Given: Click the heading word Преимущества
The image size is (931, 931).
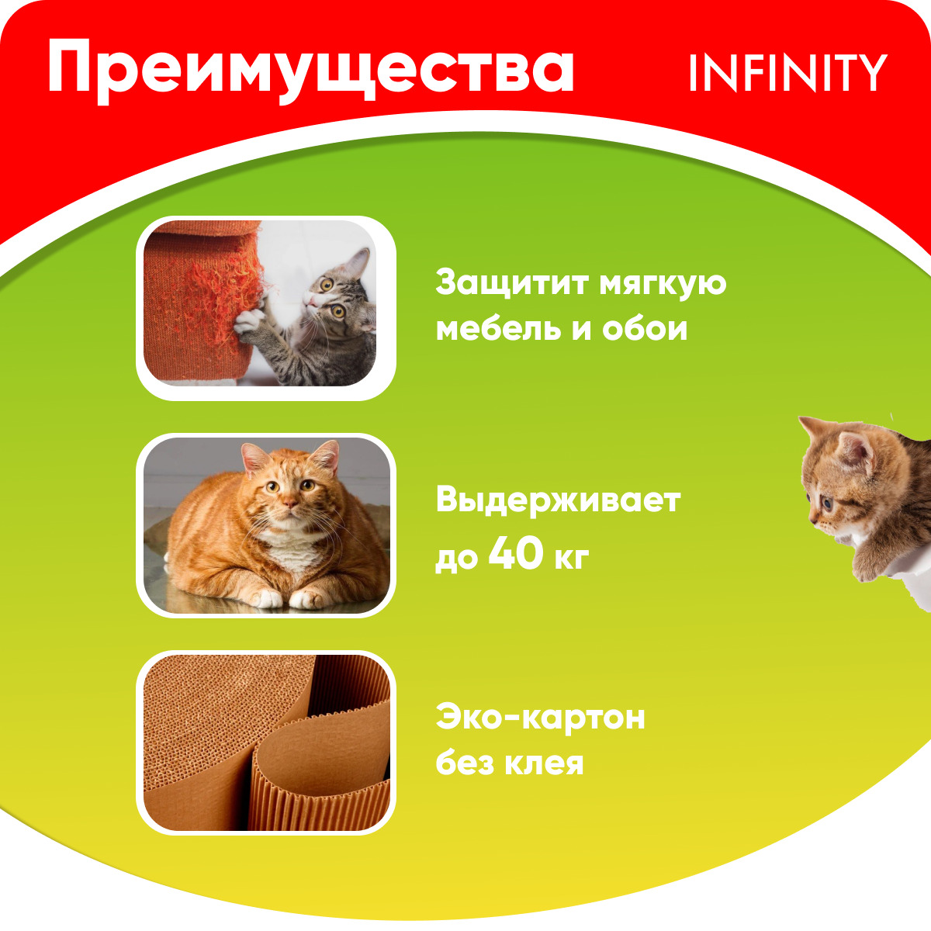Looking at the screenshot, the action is [311, 71].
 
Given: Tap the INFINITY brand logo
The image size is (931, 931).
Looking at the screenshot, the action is [788, 72].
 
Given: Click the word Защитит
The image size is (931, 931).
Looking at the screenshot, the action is [513, 283].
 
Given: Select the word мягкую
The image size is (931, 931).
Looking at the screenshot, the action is [663, 285].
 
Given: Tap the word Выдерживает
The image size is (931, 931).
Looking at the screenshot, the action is [558, 501].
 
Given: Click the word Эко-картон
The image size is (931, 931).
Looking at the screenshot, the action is [540, 718].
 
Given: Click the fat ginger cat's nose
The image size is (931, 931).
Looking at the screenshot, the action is [289, 504].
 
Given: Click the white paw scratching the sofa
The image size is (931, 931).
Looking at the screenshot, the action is [247, 323].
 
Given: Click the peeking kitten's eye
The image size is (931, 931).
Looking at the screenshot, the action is [828, 504].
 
